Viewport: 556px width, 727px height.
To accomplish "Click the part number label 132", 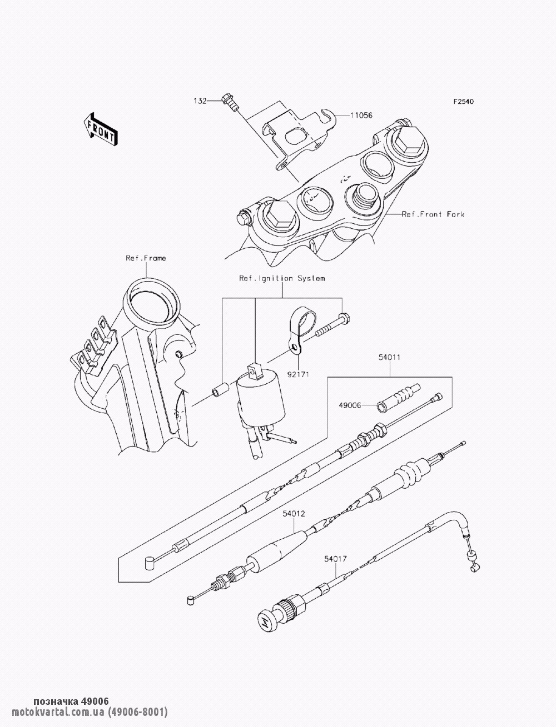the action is pos(200,101).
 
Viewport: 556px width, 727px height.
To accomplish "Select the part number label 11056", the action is pos(361,116).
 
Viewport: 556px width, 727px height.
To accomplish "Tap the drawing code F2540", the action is pos(464,101).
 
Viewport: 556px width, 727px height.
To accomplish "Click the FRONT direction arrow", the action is pos(100,129).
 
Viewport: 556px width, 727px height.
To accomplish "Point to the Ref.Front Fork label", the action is pos(433,214).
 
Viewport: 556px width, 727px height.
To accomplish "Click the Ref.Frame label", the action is pos(146,258).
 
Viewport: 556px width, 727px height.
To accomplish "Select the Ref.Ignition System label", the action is pos(282,278).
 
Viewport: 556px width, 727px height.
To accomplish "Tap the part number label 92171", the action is pos(299,374).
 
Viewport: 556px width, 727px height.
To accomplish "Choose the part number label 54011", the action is pos(390,357).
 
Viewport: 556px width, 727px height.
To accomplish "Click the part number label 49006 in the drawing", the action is pos(350,405).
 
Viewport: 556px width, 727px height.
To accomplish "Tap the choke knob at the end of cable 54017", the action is pos(269,618).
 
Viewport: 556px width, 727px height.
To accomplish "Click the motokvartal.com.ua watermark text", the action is pos(90,712).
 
